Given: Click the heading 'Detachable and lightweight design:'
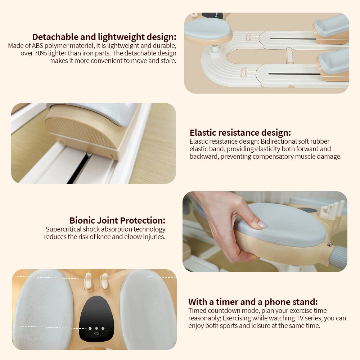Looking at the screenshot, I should click(104, 37).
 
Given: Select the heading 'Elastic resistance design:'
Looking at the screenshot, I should click(240, 132).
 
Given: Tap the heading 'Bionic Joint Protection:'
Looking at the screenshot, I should click(117, 220).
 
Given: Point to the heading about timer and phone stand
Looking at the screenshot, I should click(253, 302).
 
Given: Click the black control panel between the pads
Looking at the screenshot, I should click(96, 317).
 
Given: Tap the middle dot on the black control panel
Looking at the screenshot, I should click(96, 328).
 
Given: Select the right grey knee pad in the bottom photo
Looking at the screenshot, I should click(148, 310).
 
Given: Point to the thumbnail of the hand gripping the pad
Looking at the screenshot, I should click(265, 231).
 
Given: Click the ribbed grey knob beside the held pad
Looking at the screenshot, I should click(338, 257).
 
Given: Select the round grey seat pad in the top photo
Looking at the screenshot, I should click(208, 29).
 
